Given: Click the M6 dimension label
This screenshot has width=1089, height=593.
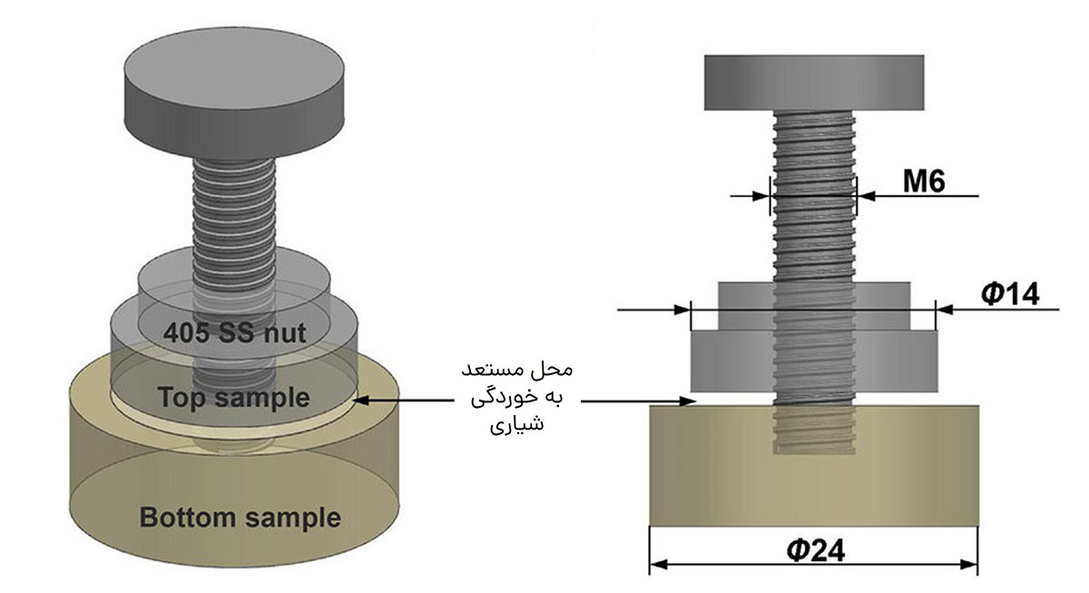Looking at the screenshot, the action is point(924,182).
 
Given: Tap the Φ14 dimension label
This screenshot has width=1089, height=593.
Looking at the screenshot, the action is point(1011,294).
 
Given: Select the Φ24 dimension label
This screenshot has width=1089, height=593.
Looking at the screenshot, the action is point(816,550).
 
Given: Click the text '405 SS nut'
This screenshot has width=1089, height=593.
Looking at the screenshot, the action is point(235,333).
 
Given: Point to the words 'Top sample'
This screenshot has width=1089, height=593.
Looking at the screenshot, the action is point(234,398).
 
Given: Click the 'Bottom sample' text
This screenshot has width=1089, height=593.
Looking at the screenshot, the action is point(240,517).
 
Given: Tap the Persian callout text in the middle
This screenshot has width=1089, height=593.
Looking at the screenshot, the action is point(516,397).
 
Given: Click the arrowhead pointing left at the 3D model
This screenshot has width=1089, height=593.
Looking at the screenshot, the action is point(362,400).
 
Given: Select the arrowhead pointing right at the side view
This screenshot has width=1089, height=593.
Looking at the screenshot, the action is point(689,401).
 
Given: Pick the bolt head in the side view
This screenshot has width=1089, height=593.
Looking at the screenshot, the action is point(814,83).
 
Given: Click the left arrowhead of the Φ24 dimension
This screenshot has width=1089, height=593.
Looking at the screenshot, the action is point(659,565).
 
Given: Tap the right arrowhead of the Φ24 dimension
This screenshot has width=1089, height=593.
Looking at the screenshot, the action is point(968,565).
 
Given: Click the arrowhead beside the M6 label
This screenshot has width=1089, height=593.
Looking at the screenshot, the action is point(867,196).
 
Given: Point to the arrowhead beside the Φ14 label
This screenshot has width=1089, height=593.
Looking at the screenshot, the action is point(945,309).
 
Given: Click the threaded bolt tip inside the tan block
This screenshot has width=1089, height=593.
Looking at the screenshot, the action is point(814,430).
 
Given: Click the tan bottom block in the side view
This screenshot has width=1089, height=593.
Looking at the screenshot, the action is point(814,466).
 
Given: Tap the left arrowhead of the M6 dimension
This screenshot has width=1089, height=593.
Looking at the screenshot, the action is point(761,196).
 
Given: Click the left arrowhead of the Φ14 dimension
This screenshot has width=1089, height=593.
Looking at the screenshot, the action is point(682,309).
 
